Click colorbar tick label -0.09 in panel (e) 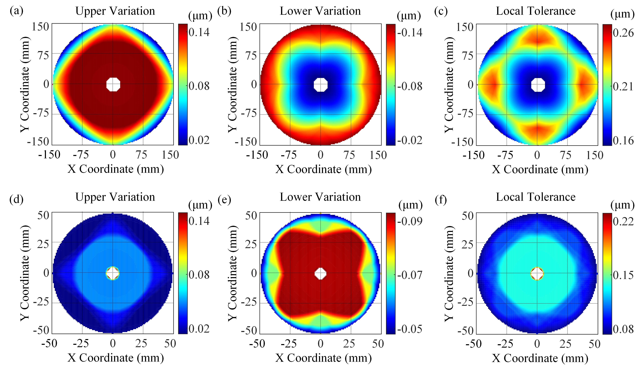(410, 221)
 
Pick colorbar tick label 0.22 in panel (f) (623, 221)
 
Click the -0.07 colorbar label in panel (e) (410, 275)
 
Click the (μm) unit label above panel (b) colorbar (409, 16)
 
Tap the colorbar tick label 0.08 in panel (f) (623, 329)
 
